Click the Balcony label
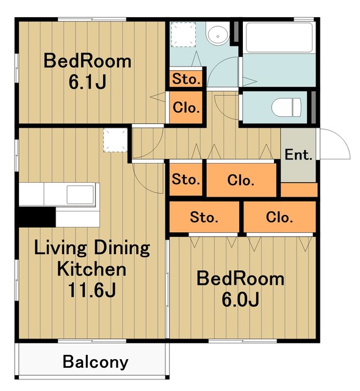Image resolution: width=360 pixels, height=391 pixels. tap(95, 362)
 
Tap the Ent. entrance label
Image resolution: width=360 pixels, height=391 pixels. tap(298, 155)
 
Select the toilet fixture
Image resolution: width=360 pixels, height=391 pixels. tap(286, 108)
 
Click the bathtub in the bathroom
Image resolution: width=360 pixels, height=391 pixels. tap(279, 37)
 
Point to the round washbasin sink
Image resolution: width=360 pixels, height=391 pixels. tap(218, 36)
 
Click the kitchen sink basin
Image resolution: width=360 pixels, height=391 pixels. tap(80, 194)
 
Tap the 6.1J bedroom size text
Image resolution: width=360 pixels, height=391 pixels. tap(87, 82)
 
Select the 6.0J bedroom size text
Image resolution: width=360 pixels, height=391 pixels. tap(240, 300)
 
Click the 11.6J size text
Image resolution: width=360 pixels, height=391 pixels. tap(92, 290)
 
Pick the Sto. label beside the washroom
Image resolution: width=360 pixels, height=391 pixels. tap(186, 79)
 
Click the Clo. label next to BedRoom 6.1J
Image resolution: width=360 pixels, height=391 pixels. tap(186, 108)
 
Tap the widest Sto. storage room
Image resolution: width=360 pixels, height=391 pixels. tap(204, 217)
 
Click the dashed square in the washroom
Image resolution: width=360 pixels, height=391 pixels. tap(183, 34)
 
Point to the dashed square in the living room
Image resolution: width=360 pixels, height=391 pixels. tap(115, 140)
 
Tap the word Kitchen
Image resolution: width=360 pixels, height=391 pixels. tap(92, 269)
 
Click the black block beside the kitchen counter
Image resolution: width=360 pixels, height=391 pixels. tap(37, 217)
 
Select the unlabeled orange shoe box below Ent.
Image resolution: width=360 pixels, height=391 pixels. tap(299, 190)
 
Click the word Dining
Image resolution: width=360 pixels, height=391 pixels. tap(122, 248)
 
